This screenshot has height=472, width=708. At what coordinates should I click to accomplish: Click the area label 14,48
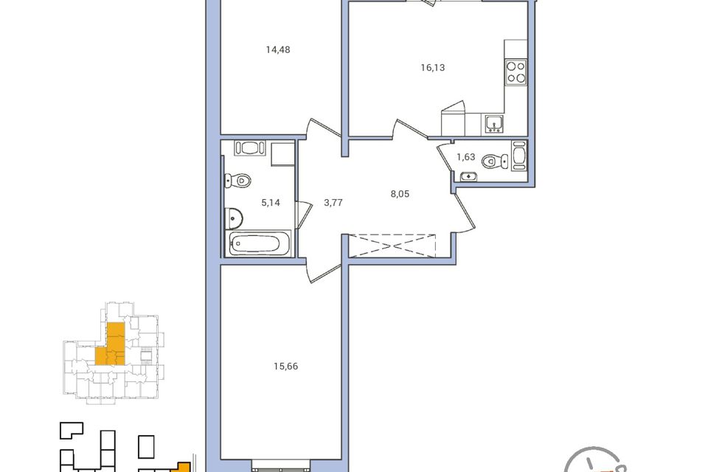point(278,49)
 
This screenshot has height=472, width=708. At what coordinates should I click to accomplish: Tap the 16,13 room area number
point(433,68)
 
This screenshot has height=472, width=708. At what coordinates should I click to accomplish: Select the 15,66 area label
point(286,367)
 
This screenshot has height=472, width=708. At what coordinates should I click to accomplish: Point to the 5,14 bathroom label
point(271,203)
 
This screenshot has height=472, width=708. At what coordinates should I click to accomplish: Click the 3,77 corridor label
point(333,203)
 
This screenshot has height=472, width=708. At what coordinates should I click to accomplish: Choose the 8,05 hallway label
point(400,194)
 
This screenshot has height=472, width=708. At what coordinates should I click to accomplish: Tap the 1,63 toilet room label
point(465,157)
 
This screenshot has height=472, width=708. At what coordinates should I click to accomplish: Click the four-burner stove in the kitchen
point(516,72)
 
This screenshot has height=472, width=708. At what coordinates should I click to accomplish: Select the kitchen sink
point(495,123)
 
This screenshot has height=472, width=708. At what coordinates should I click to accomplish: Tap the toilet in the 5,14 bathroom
point(237,181)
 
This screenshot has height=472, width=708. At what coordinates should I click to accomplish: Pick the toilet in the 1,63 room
point(494,161)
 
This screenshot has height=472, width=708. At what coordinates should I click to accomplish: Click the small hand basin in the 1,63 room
point(469,176)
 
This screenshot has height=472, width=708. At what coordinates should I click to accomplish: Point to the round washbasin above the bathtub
point(234,218)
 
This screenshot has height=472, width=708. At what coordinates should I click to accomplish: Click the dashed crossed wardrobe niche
point(392,246)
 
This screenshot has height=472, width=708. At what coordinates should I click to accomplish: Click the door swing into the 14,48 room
point(322,128)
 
